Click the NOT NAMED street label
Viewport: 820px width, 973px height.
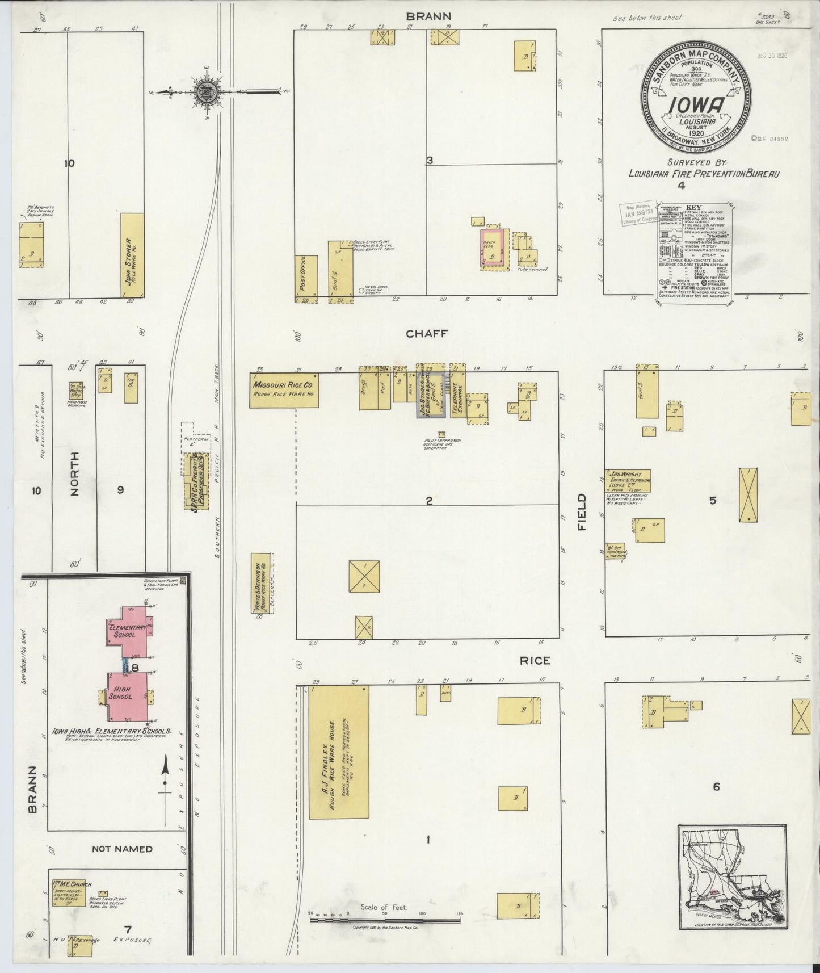(121, 849)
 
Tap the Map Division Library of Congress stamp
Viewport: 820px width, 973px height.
(637, 216)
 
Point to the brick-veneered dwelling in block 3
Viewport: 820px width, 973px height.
(491, 249)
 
